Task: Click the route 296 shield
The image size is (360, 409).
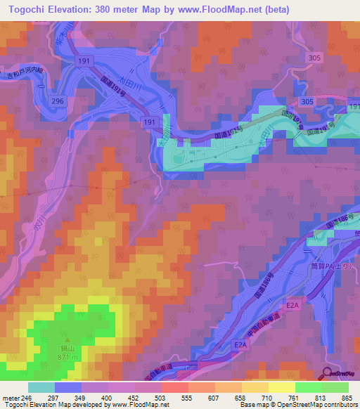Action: (58, 102)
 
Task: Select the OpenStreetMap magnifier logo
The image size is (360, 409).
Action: (328, 374)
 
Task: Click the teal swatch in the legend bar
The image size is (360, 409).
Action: (41, 387)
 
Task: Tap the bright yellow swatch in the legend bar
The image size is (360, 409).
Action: (281, 387)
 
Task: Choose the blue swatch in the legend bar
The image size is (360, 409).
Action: (68, 387)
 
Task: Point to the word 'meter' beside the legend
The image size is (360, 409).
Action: (11, 397)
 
